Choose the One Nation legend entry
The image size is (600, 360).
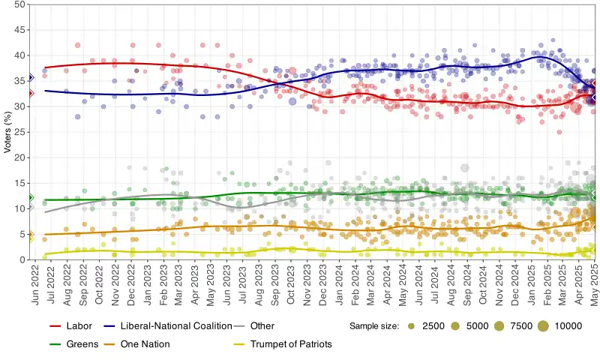[x=144, y=344]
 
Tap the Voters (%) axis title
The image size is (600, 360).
[x=7, y=132]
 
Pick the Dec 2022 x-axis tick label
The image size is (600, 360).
[x=132, y=283]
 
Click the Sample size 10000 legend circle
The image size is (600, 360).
[x=542, y=326]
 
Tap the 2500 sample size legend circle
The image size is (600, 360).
[x=411, y=326]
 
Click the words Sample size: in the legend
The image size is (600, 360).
[x=374, y=326]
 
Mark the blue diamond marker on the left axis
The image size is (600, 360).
[x=30, y=77]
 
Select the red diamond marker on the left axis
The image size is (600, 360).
[x=30, y=94]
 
